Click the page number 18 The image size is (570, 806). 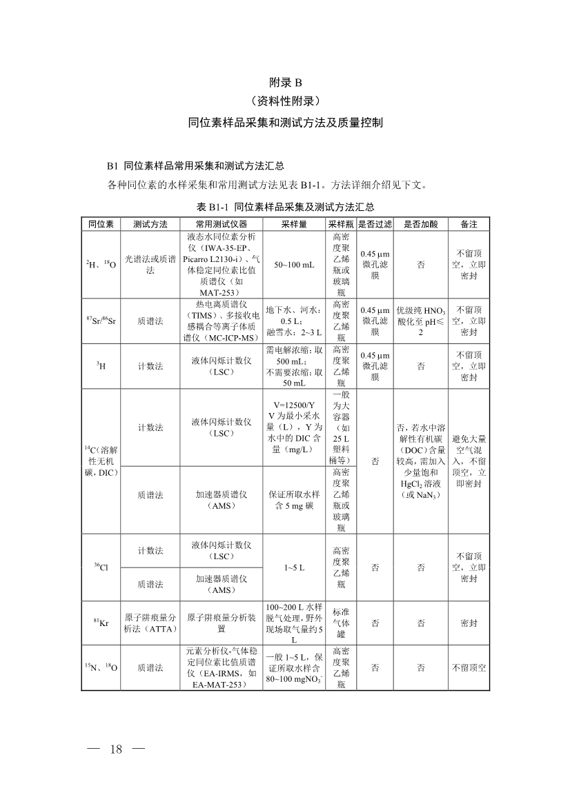click(x=115, y=749)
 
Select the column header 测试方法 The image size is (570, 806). click(x=150, y=224)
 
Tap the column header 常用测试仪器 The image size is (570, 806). click(x=220, y=224)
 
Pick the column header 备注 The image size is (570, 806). click(x=469, y=224)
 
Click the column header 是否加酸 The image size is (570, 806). click(x=420, y=224)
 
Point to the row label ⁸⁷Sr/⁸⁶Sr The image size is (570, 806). click(x=101, y=321)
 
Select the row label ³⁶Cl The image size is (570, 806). click(x=101, y=567)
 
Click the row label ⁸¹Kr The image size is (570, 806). click(x=101, y=623)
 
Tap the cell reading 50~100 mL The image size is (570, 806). click(x=294, y=265)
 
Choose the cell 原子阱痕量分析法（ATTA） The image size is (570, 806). click(x=150, y=623)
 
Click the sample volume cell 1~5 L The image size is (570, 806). click(x=294, y=567)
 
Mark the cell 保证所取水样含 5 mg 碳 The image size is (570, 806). click(x=294, y=500)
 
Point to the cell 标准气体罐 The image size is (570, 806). click(x=341, y=623)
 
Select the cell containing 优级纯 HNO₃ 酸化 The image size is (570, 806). click(x=420, y=321)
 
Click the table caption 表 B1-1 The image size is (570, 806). click(x=285, y=207)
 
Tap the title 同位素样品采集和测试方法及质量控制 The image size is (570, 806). click(x=285, y=123)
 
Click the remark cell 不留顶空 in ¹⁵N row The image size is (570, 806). click(x=469, y=667)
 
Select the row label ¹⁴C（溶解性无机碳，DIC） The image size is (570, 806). click(x=101, y=461)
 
